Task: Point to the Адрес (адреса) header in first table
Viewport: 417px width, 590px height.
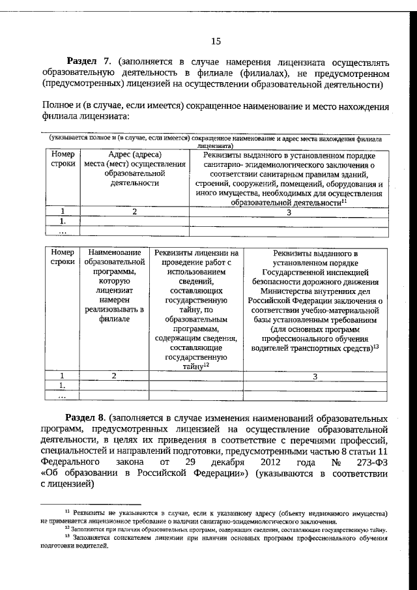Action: (x=134, y=155)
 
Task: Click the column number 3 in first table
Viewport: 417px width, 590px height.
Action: (x=288, y=211)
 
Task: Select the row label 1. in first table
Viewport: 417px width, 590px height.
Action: (x=63, y=221)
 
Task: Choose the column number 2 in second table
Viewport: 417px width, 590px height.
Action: (x=113, y=376)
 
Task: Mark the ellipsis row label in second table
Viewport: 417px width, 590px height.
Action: (x=63, y=395)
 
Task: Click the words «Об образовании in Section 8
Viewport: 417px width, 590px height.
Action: (x=78, y=473)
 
